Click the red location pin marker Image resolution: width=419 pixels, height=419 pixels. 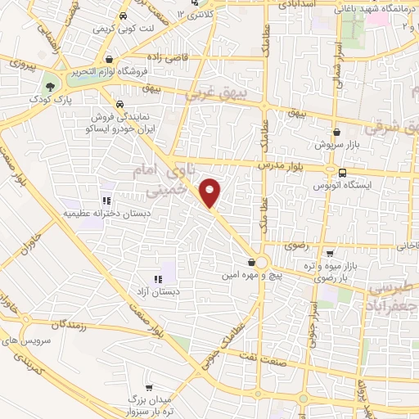coord(211,193)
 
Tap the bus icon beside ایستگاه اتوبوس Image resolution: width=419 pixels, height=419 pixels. coord(342,173)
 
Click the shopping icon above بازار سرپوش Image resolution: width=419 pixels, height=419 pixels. coord(336,132)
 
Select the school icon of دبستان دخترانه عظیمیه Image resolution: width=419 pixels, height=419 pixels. coord(106,200)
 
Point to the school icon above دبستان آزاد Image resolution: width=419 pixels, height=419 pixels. coord(156,280)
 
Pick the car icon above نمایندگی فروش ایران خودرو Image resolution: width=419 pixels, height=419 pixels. coord(120,105)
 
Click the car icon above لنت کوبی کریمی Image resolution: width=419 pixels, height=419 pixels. coord(122,16)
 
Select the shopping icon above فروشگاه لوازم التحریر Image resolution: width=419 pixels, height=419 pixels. coord(109,59)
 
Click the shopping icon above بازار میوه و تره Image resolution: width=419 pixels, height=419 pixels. coord(330,254)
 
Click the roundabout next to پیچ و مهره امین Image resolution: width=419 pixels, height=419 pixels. coord(262,264)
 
